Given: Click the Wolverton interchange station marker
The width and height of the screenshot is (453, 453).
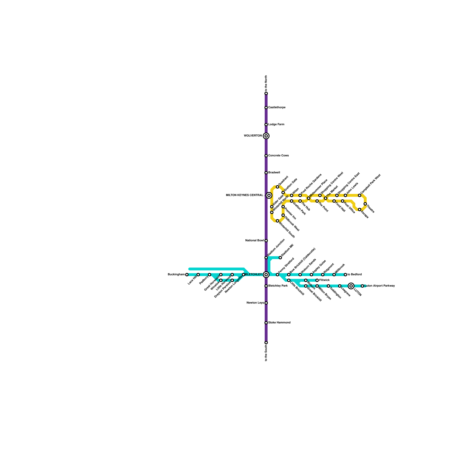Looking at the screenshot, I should point(266,136).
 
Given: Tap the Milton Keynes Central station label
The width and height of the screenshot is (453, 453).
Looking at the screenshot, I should point(244,195).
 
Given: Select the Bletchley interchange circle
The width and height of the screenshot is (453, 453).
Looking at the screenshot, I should point(266,275).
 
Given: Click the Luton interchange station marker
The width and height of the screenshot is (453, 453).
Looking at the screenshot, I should point(351,286).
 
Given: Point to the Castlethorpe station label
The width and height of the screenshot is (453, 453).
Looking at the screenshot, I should point(277,108).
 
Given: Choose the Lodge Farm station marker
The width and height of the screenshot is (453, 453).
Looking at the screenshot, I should point(266,125).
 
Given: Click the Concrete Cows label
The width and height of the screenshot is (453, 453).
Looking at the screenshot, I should point(278,156).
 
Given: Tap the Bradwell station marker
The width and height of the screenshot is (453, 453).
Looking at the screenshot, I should point(266,173).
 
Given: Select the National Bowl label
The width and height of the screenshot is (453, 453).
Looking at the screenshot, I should point(255,241).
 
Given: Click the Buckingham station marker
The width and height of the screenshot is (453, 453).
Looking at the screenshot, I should point(187,275).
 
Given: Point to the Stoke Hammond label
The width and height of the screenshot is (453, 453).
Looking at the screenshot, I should point(279,323).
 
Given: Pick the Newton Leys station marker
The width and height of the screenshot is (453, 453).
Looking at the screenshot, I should point(266,303).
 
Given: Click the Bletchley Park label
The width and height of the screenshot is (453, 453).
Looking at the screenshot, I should point(278,286).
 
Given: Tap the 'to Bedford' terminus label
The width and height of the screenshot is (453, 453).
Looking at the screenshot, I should point(354,275).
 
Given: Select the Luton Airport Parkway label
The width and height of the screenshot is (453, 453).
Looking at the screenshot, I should point(380,286).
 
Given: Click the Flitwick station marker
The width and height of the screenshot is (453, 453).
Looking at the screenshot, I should point(317,280).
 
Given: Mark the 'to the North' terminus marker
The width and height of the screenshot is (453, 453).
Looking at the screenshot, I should point(266,93).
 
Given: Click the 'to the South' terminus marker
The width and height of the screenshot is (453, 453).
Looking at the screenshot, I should point(266,343).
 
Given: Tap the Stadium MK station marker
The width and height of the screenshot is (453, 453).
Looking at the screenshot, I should point(280,258).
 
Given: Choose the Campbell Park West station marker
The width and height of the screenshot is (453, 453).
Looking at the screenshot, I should point(360,195).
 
